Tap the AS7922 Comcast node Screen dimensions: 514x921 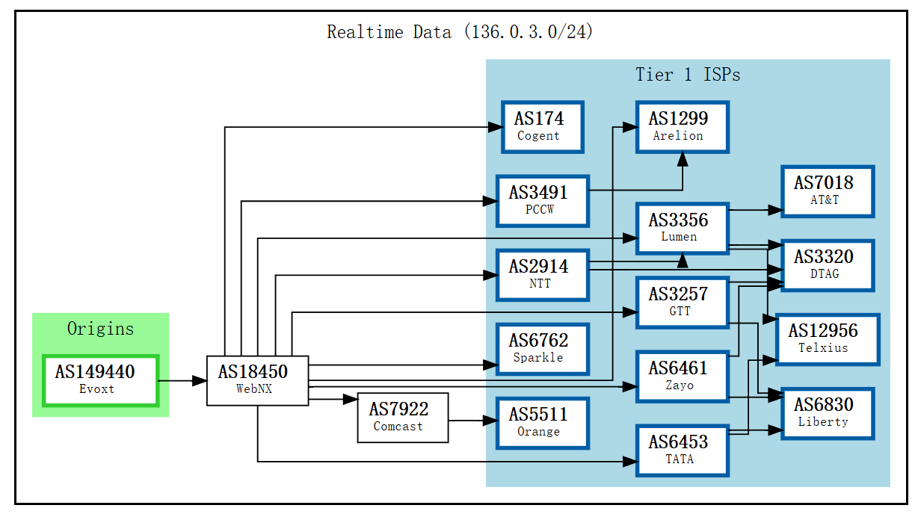(x=402, y=418)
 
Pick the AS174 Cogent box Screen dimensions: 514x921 (x=543, y=127)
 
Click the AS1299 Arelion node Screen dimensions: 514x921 (x=682, y=127)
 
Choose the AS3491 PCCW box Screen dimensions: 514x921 (x=543, y=201)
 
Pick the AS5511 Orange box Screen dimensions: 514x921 (x=543, y=423)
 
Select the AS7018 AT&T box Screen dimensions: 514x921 (x=828, y=191)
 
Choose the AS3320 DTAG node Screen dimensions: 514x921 (x=828, y=265)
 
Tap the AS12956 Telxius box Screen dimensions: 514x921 (x=828, y=339)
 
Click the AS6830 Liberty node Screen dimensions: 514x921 (x=828, y=413)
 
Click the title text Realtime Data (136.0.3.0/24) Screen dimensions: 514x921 (x=460, y=32)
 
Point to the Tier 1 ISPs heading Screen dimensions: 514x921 (x=688, y=75)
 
